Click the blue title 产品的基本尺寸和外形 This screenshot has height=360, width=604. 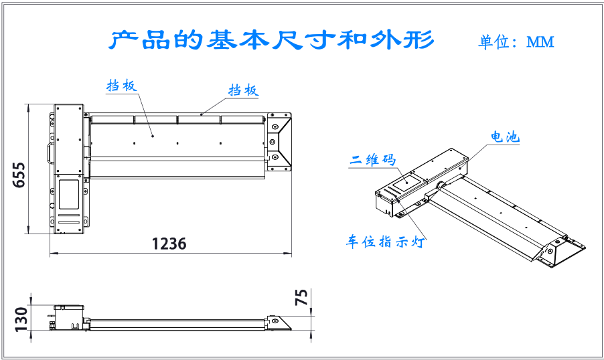tap(271, 39)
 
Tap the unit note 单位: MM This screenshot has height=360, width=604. tap(516, 41)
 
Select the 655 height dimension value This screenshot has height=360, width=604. tap(19, 175)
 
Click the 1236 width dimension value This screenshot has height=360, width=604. tap(169, 244)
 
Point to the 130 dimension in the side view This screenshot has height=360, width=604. tap(21, 319)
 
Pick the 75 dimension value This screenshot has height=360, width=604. tap(301, 297)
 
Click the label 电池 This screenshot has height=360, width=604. tap(505, 137)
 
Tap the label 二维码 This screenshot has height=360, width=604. tap(372, 159)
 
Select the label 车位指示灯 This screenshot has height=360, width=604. tap(385, 242)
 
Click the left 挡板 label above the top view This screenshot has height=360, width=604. tap(122, 86)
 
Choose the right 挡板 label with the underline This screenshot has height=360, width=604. tap(244, 90)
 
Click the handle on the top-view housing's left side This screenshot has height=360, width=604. tap(50, 152)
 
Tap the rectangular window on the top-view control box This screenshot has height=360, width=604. tap(69, 195)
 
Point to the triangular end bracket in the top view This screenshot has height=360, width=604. tap(279, 142)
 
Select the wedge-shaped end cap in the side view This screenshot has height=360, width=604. tap(280, 323)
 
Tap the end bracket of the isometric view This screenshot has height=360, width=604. tap(558, 252)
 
